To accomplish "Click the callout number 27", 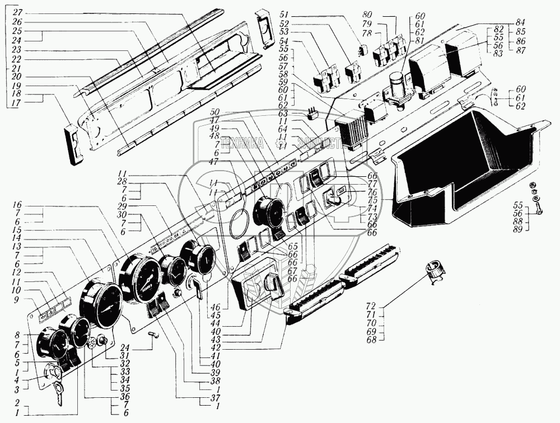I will coord(17,12).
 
